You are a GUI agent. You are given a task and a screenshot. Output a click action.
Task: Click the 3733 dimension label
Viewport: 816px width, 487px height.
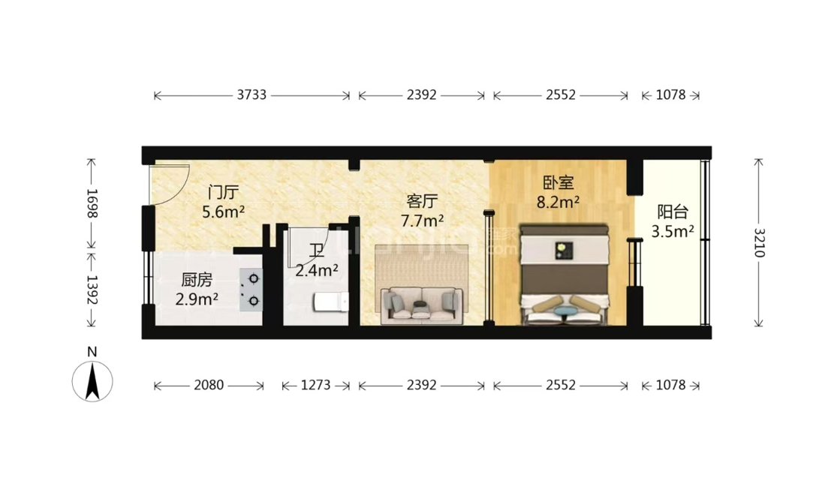pos(251,95)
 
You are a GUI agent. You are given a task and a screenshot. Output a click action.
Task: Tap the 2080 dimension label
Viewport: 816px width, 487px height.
pos(209,385)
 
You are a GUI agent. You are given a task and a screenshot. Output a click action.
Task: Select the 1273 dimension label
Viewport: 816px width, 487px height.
pos(315,385)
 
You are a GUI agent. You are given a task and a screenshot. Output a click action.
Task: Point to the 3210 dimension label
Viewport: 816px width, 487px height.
pos(759,243)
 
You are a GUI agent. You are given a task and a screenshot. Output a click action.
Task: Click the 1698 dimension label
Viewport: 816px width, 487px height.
pos(92,203)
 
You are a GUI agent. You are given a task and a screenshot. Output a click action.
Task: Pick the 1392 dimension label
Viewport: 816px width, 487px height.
pos(92,290)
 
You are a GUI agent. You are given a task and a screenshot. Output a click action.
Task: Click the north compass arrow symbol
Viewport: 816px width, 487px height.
pos(92,381)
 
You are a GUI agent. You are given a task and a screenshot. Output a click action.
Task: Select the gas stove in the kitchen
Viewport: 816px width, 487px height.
pos(251,290)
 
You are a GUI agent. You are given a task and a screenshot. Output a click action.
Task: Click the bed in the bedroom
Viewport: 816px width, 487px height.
pos(565,275)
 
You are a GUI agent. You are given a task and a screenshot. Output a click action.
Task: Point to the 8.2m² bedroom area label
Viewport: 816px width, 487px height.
pos(558,202)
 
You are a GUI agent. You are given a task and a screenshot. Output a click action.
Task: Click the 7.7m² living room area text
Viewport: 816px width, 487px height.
pos(422,221)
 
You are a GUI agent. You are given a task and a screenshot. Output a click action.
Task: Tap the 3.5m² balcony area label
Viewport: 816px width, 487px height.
pos(673,231)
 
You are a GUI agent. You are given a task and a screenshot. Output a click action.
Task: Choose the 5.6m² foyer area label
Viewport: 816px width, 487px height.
pos(223,212)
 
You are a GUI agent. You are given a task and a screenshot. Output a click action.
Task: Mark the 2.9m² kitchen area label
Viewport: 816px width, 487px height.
pos(197,299)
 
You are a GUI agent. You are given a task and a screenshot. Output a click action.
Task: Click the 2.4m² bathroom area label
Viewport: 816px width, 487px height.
pos(316,271)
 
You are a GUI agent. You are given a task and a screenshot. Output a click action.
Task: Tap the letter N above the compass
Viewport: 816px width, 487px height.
pos(92,352)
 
